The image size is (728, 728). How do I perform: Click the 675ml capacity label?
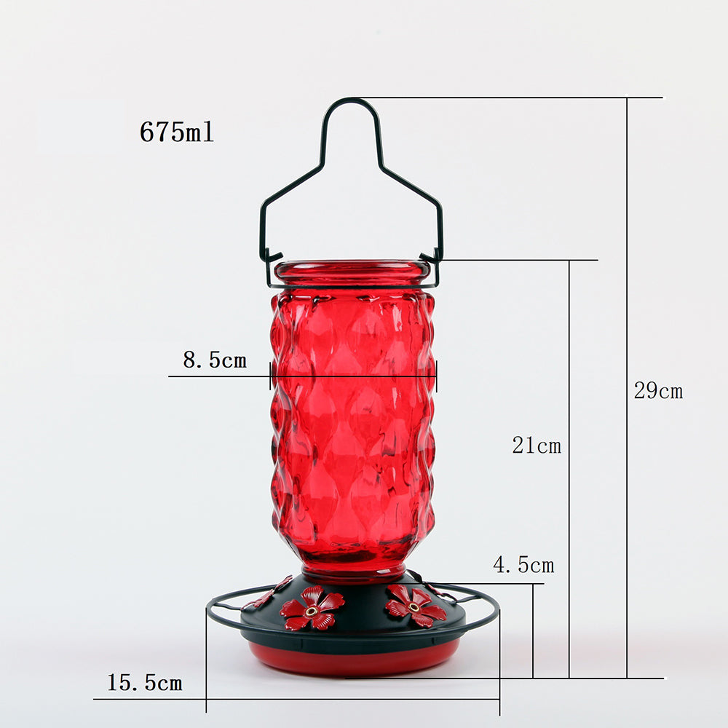[177, 132]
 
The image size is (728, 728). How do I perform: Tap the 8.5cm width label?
[215, 360]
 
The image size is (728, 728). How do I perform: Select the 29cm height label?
[658, 390]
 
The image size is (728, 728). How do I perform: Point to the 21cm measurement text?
[537, 446]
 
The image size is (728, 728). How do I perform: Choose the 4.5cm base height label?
[523, 565]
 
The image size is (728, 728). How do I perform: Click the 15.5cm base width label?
[145, 683]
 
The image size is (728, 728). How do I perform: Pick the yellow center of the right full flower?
[414, 607]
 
